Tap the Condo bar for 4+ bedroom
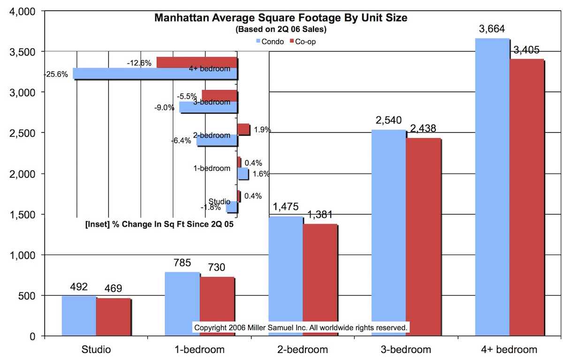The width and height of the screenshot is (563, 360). click(x=492, y=187)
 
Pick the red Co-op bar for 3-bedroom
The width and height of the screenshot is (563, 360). click(x=423, y=237)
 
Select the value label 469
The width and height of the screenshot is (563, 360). click(x=113, y=289)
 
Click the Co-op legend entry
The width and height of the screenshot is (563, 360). click(x=304, y=42)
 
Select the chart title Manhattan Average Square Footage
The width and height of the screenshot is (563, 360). click(x=281, y=18)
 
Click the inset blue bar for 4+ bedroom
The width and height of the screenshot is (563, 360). click(x=155, y=74)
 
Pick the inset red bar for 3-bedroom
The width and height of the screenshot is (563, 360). click(x=219, y=96)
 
